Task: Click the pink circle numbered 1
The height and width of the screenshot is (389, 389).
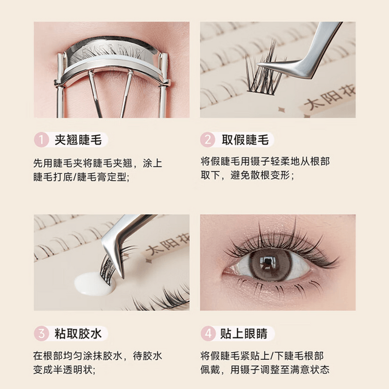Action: click(41, 140)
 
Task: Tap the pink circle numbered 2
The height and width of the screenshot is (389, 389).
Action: click(207, 140)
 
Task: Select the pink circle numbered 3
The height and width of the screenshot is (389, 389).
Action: click(41, 333)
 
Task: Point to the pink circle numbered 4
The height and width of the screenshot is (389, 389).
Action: click(208, 333)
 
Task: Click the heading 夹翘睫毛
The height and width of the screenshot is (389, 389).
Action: click(78, 140)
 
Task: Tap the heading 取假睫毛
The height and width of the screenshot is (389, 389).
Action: click(245, 140)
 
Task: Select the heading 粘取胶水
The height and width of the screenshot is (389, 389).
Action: click(78, 333)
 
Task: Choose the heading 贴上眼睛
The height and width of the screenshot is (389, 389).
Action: click(244, 333)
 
